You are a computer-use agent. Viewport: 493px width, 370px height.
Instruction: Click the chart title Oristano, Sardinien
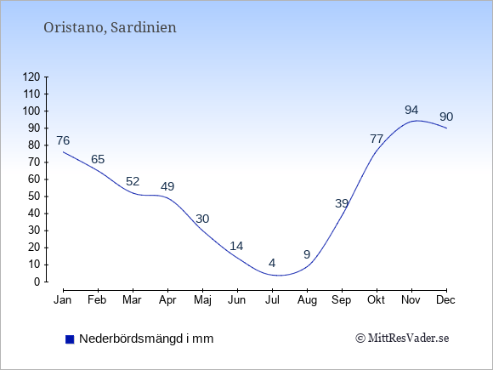pyautogui.click(x=110, y=27)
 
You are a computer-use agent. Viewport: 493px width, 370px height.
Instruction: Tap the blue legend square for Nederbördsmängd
pyautogui.click(x=70, y=339)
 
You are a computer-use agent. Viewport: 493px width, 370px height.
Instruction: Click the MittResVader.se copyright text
pyautogui.click(x=402, y=339)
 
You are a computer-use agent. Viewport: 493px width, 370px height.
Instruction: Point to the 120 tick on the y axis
pyautogui.click(x=31, y=77)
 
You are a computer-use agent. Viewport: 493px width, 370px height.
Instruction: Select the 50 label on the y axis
pyautogui.click(x=34, y=196)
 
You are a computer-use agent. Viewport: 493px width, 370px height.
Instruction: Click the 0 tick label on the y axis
pyautogui.click(x=37, y=282)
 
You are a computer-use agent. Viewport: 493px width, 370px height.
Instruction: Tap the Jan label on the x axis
pyautogui.click(x=63, y=300)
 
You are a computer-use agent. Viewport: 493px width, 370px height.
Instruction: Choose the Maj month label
pyautogui.click(x=202, y=300)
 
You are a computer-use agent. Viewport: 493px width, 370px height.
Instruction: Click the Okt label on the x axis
pyautogui.click(x=376, y=300)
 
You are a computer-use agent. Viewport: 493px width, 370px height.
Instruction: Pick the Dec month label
pyautogui.click(x=446, y=300)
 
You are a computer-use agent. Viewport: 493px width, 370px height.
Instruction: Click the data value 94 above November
pyautogui.click(x=411, y=110)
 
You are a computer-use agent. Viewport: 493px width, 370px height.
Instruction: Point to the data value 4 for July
pyautogui.click(x=272, y=263)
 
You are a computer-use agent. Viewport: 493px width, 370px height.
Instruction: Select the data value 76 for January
pyautogui.click(x=63, y=140)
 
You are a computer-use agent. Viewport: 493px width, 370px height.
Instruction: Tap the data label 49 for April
pyautogui.click(x=167, y=186)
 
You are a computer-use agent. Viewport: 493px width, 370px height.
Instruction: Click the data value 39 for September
pyautogui.click(x=342, y=203)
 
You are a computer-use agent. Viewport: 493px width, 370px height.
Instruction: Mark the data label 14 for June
pyautogui.click(x=236, y=246)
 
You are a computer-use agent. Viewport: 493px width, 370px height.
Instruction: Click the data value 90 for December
pyautogui.click(x=446, y=117)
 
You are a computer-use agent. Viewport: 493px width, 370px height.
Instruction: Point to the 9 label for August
pyautogui.click(x=307, y=254)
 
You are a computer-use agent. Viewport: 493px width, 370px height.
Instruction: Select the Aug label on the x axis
pyautogui.click(x=307, y=300)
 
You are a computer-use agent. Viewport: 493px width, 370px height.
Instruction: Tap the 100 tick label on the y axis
pyautogui.click(x=31, y=111)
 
